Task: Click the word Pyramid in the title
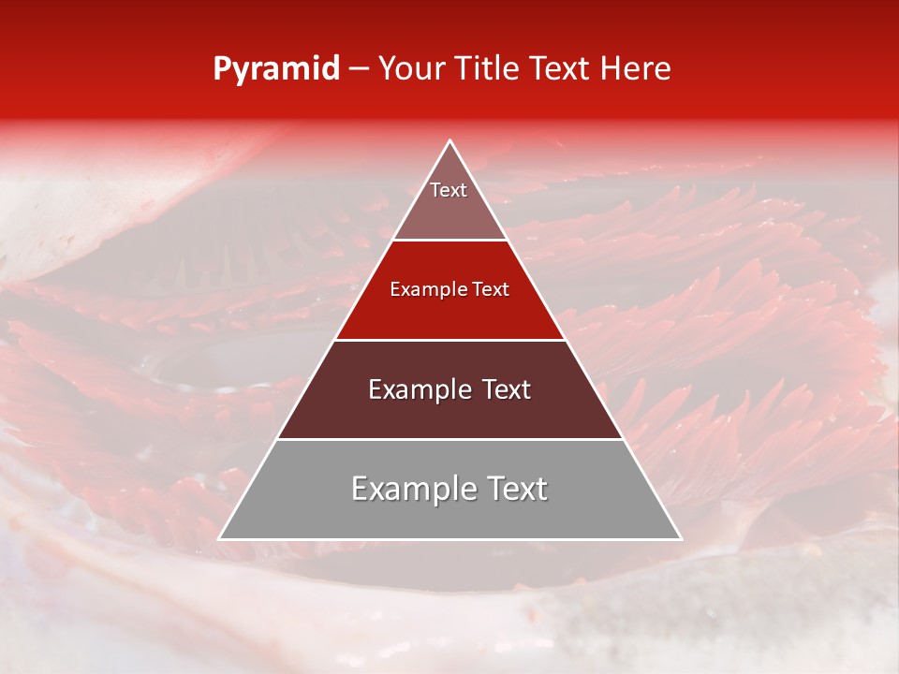(275, 69)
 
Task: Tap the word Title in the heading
(488, 68)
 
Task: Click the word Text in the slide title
(560, 68)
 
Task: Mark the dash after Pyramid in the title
(358, 69)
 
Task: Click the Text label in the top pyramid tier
(449, 190)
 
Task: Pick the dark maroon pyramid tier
(449, 412)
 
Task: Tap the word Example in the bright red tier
(425, 289)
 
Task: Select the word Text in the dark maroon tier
(506, 389)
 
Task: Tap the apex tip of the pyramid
(449, 141)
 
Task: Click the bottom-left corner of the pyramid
(220, 538)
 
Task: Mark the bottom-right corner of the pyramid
(680, 538)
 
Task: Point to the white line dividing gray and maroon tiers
(449, 439)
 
